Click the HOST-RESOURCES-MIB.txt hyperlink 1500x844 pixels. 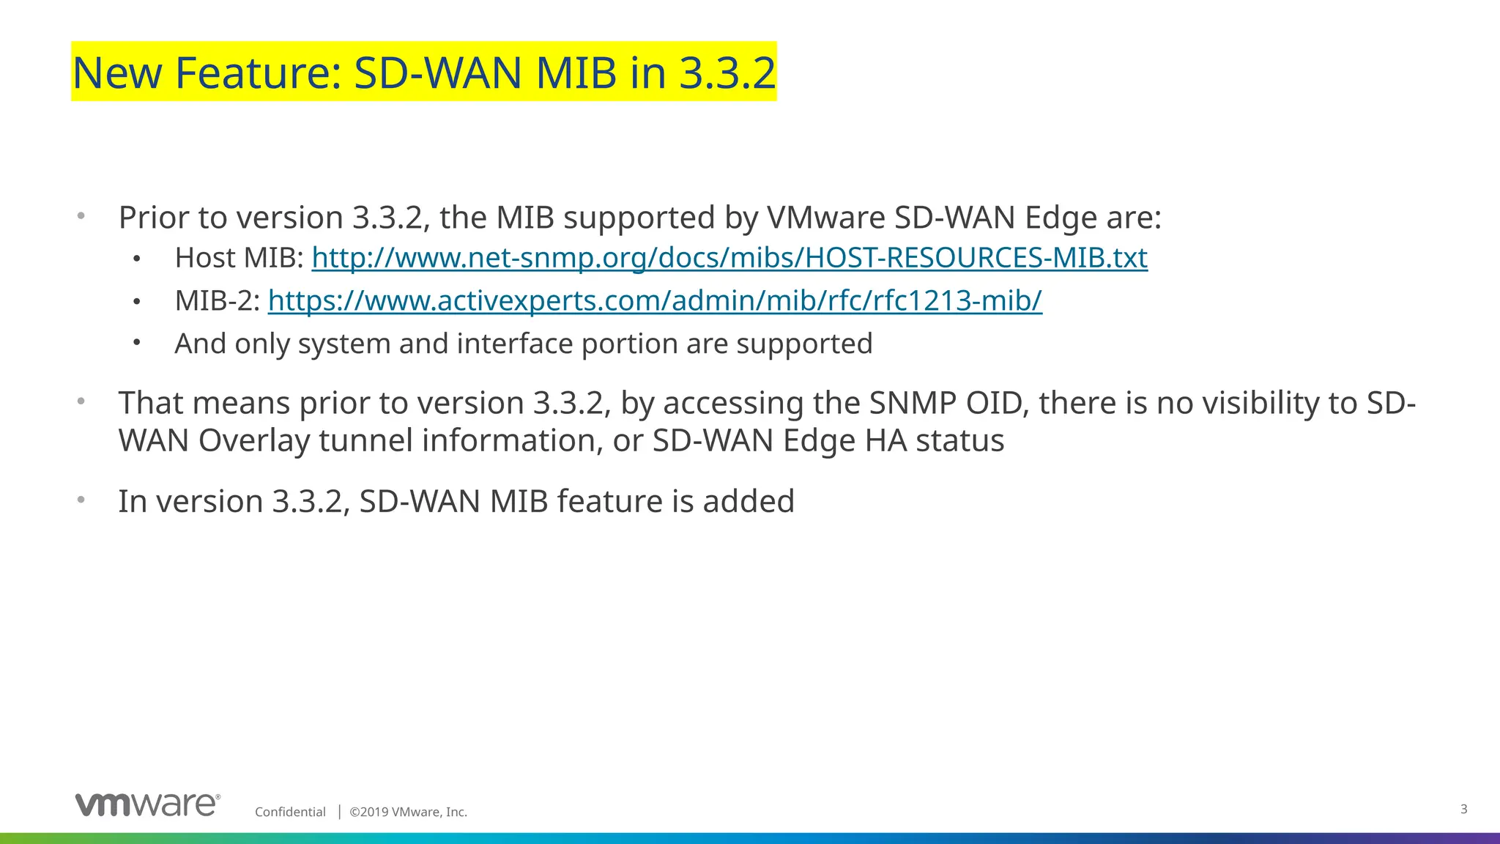729,258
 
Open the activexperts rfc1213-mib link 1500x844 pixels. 654,300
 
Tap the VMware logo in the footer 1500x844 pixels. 147,804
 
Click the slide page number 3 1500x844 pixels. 1463,809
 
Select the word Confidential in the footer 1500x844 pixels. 290,812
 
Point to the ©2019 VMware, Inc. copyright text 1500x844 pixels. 408,812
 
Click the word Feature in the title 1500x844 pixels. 259,73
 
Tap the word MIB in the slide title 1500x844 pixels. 576,73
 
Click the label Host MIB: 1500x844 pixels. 239,258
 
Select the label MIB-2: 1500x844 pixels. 217,300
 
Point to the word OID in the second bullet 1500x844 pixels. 997,403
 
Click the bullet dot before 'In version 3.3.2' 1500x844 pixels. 81,500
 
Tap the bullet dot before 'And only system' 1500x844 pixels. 137,342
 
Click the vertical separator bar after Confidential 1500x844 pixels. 339,811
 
